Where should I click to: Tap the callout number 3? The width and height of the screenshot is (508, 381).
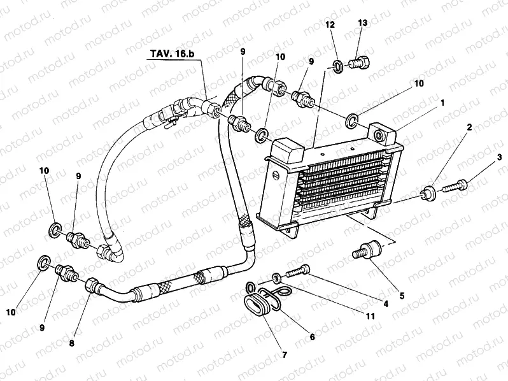pos(499,156)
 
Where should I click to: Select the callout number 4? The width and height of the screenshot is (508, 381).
pos(385,305)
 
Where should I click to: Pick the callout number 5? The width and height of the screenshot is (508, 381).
pos(402,277)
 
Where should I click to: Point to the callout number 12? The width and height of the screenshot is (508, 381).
pos(330,24)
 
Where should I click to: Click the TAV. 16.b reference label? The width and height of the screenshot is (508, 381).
pos(174,54)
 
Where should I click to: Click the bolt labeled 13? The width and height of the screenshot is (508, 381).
pos(362,63)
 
